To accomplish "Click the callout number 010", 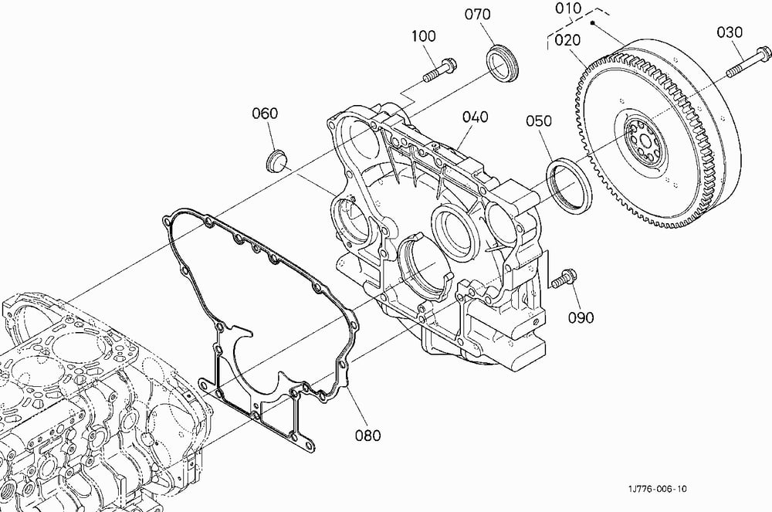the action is click(x=568, y=8).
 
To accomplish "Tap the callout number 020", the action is click(x=567, y=40).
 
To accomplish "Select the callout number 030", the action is click(x=730, y=32).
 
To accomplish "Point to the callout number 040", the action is click(x=475, y=117).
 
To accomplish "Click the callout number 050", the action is click(x=539, y=120).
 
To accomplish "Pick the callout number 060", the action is click(x=265, y=114).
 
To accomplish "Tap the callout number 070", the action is click(x=478, y=14).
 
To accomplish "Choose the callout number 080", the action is click(x=367, y=436).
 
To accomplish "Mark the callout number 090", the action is click(x=581, y=317).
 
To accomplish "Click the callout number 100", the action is click(x=423, y=36).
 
